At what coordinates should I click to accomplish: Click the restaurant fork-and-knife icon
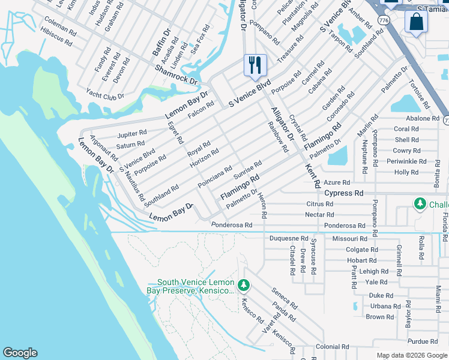(x=255, y=65)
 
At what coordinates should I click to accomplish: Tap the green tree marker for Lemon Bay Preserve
(x=243, y=284)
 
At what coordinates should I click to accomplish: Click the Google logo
(x=20, y=353)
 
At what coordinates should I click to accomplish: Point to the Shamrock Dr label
(x=176, y=75)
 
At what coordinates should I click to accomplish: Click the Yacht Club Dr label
(x=104, y=95)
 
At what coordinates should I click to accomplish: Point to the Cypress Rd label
(x=344, y=194)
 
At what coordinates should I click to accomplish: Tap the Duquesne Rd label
(x=288, y=238)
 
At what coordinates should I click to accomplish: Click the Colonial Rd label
(x=333, y=347)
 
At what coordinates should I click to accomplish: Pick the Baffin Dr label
(x=161, y=43)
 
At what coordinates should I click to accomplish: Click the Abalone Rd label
(x=423, y=118)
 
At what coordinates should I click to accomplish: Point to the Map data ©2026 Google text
(x=411, y=355)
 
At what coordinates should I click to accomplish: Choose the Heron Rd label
(x=263, y=205)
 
